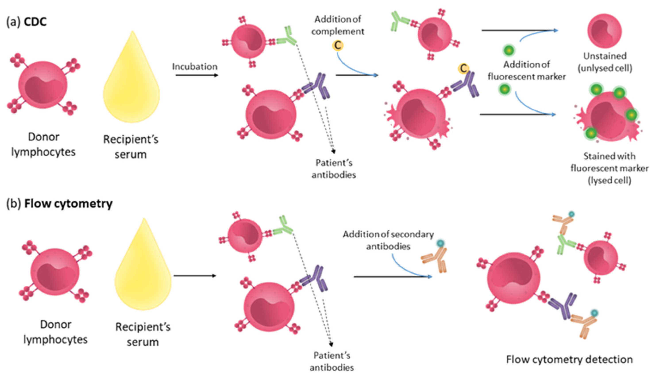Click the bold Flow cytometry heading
[68, 204]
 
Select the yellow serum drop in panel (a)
[131, 83]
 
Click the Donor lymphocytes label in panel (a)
[43, 144]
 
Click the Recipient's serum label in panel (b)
[143, 334]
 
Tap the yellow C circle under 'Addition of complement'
[338, 46]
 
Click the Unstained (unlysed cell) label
[605, 62]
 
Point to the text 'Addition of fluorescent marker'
[527, 70]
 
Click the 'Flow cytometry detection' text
[569, 359]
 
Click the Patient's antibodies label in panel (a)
[334, 169]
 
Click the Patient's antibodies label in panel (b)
[332, 361]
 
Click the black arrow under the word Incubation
[197, 75]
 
